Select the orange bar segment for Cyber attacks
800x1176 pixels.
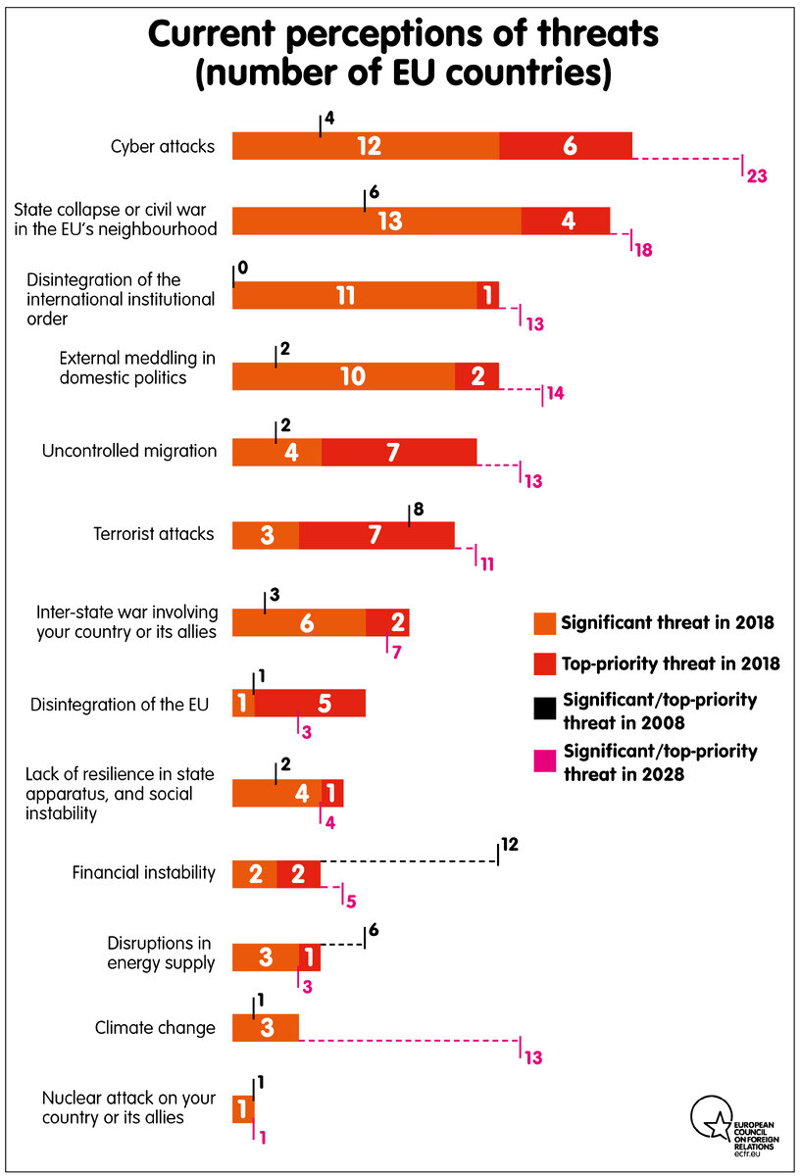tap(366, 145)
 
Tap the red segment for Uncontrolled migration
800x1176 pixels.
tap(399, 452)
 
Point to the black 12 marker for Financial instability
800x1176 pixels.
tap(509, 844)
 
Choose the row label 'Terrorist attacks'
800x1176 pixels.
tap(153, 535)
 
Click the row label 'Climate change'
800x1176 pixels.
tap(155, 1028)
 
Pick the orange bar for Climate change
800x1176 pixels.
tap(266, 1028)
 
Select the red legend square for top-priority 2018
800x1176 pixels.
tap(543, 664)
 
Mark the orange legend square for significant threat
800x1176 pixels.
tap(543, 623)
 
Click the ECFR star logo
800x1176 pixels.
tap(710, 1118)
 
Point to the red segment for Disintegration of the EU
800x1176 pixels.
tap(310, 704)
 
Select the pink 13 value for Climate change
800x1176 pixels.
tap(532, 1058)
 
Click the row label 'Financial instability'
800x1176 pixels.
tap(143, 872)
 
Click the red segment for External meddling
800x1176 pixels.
tap(476, 376)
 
